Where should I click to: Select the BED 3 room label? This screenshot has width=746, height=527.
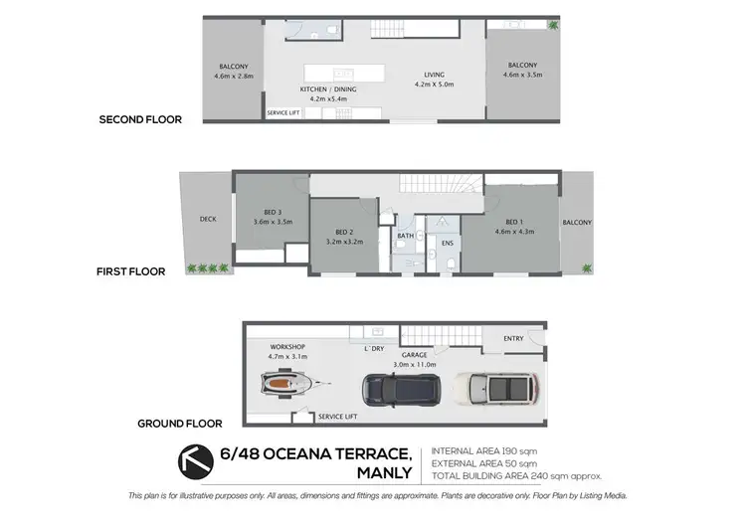(x=270, y=213)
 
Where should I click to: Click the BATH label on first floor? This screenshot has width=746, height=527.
(x=406, y=236)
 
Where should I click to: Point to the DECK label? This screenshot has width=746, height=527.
(x=208, y=220)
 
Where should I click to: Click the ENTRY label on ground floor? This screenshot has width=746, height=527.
(x=513, y=339)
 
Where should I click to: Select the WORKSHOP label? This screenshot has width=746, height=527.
(x=286, y=345)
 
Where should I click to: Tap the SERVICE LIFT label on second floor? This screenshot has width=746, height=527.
(x=283, y=113)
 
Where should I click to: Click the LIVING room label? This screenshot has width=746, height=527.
(x=434, y=75)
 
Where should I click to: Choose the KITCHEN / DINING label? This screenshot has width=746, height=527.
(x=328, y=89)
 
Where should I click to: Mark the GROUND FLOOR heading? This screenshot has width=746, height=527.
(x=179, y=424)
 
